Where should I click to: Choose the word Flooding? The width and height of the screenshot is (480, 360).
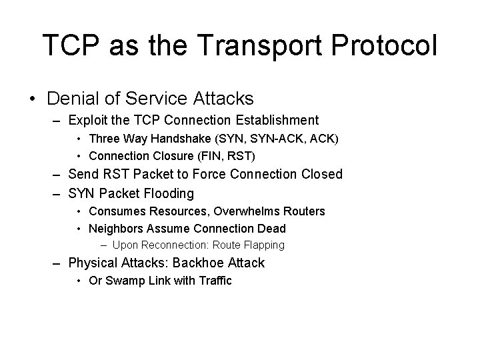tap(170, 194)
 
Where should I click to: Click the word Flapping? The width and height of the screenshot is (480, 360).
tap(262, 245)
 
